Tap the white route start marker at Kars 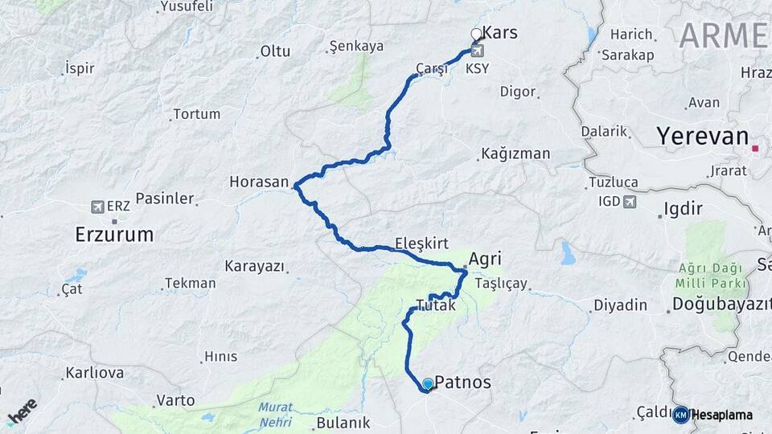tap(476, 34)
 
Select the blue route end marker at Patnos tap(428, 384)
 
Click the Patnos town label tap(462, 383)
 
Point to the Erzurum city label tap(113, 235)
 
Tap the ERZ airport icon tap(98, 207)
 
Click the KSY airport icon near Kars tap(477, 51)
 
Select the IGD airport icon tap(630, 201)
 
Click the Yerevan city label tap(702, 137)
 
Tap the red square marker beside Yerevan tap(755, 148)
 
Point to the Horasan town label tap(258, 182)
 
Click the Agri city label tap(485, 260)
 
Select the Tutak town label tap(436, 305)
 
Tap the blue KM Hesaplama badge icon tap(680, 415)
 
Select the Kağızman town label tap(515, 154)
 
